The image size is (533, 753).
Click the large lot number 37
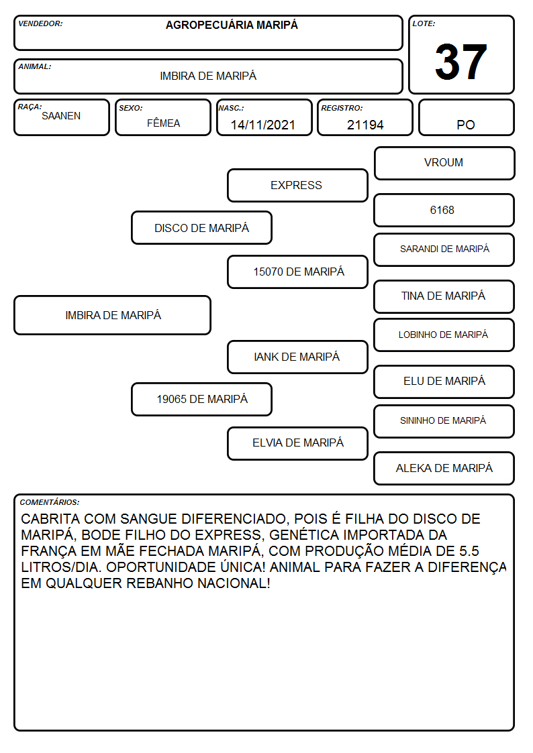coord(461,62)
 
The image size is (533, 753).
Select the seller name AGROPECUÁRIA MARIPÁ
coord(232,25)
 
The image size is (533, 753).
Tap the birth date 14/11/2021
coord(263,125)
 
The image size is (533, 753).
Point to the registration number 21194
coord(365,125)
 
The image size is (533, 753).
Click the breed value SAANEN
coord(61,116)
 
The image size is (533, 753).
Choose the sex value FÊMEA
coord(163,123)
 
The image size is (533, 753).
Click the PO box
coord(466,117)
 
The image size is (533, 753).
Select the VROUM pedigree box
coord(444,164)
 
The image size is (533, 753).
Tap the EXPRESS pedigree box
coord(297,185)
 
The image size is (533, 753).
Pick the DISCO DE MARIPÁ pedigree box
coord(202,227)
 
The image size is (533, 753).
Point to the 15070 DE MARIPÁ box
coord(297,272)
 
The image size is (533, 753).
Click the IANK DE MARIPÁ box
coord(297,357)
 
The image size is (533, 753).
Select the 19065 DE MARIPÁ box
coord(202,399)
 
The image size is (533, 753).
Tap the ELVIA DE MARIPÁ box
coord(297,443)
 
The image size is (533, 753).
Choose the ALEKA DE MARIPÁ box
coord(444,468)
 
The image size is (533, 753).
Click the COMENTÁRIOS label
coord(50,502)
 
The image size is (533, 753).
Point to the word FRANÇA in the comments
coord(46,551)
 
